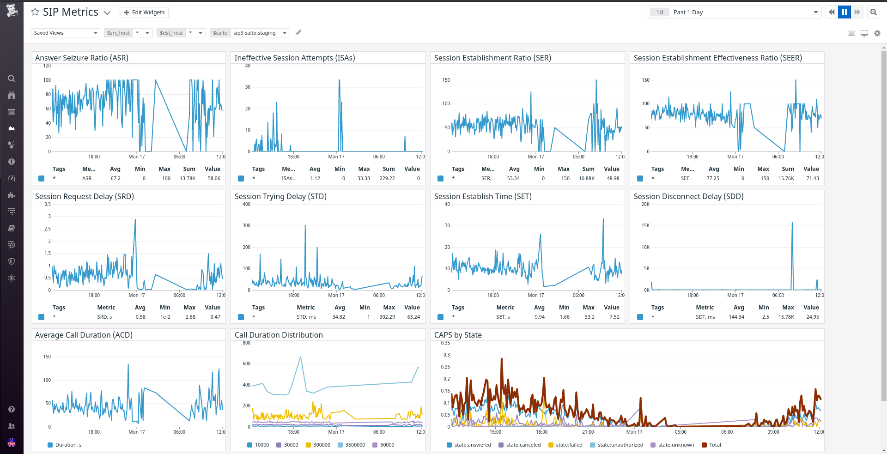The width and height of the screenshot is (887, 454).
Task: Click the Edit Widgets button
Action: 144,12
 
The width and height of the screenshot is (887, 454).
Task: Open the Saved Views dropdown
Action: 66,33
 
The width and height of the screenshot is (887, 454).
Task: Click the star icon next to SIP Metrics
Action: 35,12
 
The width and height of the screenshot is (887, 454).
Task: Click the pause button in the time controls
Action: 844,12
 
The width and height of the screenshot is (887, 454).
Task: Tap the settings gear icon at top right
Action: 877,33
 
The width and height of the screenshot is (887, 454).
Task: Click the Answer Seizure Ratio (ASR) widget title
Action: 82,58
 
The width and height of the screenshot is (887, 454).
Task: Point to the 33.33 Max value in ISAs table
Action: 364,178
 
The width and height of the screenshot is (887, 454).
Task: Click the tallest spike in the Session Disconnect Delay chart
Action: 792,224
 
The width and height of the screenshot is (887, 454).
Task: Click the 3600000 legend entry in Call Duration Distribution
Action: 355,445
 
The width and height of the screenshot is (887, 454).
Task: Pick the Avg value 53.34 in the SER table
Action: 513,178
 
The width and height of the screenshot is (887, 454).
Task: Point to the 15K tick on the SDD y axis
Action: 645,225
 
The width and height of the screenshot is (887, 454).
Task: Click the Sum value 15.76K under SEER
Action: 786,178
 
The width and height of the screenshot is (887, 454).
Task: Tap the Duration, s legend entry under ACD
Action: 68,445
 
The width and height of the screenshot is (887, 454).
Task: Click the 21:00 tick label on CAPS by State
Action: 588,432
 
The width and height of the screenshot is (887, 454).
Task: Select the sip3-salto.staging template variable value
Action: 254,33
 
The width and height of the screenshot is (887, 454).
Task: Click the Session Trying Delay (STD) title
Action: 280,196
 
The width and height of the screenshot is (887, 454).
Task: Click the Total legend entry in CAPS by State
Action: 715,445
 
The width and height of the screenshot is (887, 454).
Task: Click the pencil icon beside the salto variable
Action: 298,32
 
